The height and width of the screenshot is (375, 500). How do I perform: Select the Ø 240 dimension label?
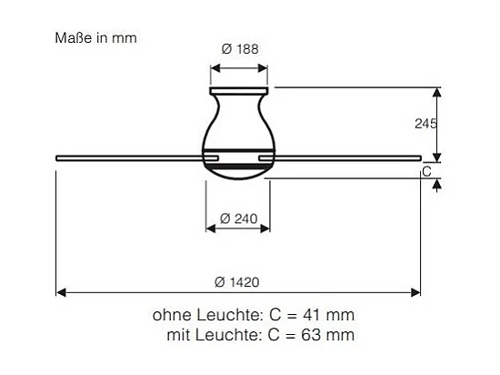(x=239, y=218)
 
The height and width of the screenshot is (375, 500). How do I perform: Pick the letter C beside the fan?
(x=426, y=170)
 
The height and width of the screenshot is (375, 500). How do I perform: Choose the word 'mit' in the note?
(x=178, y=335)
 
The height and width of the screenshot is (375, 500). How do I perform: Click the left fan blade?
(x=127, y=159)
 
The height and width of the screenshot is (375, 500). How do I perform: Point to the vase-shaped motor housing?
(x=239, y=123)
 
